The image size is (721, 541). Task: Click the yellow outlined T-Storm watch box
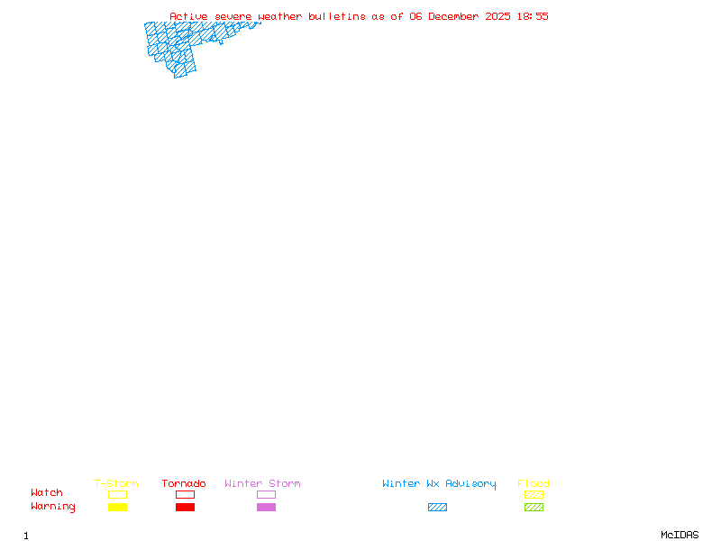tap(117, 494)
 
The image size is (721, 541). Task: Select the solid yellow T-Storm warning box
tap(117, 507)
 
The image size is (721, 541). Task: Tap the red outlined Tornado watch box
tap(185, 494)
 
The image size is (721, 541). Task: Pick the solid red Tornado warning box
tap(185, 507)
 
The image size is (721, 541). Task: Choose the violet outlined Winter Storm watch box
tap(266, 494)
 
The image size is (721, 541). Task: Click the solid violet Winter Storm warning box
tap(266, 507)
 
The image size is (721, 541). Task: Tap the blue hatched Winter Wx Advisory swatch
tap(437, 507)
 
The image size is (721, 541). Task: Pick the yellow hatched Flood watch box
tap(534, 494)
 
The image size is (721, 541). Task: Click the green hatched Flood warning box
tap(534, 507)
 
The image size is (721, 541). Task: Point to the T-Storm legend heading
tap(116, 483)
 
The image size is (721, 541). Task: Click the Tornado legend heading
tap(184, 483)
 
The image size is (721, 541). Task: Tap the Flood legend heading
tap(534, 483)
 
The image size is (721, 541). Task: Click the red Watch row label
tap(47, 493)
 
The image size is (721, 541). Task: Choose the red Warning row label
tap(53, 507)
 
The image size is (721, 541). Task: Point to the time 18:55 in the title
tap(533, 16)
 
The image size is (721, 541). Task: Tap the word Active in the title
tap(189, 16)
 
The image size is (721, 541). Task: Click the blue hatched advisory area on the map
tap(180, 45)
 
